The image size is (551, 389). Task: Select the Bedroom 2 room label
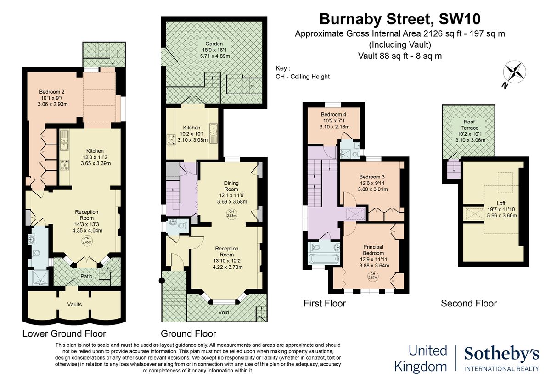pyautogui.click(x=51, y=92)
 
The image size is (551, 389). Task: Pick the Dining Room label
pyautogui.click(x=231, y=186)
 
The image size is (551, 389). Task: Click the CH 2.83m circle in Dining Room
pyautogui.click(x=231, y=213)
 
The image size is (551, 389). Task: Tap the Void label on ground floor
pyautogui.click(x=223, y=312)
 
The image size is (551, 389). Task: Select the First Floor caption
pyautogui.click(x=325, y=303)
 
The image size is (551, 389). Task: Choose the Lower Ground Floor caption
pyautogui.click(x=64, y=333)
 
